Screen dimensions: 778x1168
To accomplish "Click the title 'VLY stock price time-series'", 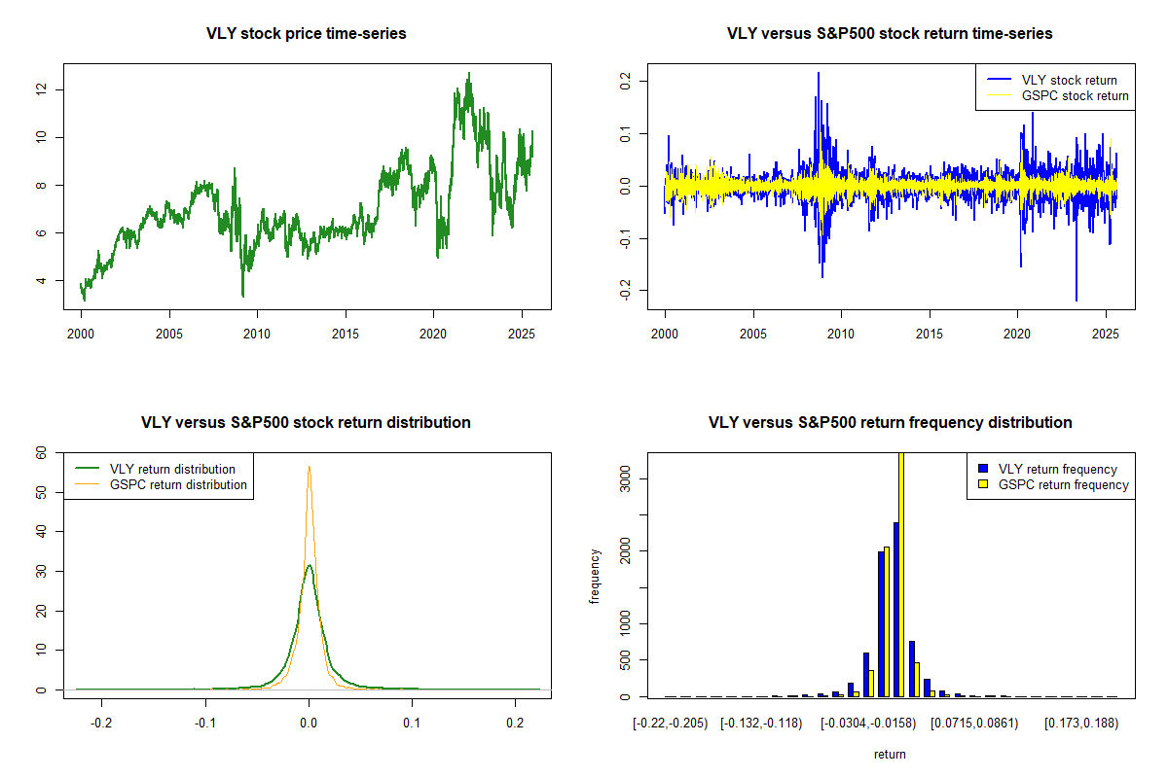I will (x=307, y=34).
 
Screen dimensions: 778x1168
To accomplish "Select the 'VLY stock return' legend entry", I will (x=1068, y=80).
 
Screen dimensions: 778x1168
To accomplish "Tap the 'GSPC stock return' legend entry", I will (x=1075, y=95).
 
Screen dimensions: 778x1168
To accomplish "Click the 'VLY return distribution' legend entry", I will (x=173, y=469).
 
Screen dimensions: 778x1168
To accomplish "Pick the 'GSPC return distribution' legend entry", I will (x=178, y=484).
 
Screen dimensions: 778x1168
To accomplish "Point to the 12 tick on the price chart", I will (x=41, y=89).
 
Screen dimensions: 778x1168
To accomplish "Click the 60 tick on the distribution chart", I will (x=41, y=452).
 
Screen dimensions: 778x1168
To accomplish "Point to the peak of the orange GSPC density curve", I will (x=310, y=467).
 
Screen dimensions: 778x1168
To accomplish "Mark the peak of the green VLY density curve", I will (x=310, y=565).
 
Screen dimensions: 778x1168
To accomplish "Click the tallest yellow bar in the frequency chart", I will (x=901, y=574).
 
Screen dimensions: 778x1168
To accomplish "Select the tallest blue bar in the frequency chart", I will (x=895, y=609).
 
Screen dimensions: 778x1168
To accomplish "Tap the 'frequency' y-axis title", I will (x=595, y=577).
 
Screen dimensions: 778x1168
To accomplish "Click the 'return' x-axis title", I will (x=890, y=754).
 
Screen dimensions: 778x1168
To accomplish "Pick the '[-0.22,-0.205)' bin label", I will (x=665, y=725).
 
